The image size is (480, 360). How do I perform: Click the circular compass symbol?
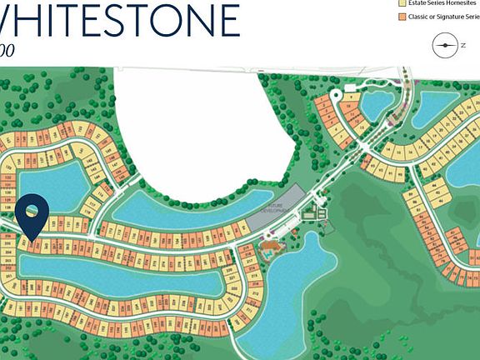click(446, 45)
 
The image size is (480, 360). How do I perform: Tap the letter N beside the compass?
click(463, 45)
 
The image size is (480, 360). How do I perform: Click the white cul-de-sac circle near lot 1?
click(335, 95)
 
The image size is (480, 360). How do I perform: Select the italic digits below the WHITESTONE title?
click(7, 50)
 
